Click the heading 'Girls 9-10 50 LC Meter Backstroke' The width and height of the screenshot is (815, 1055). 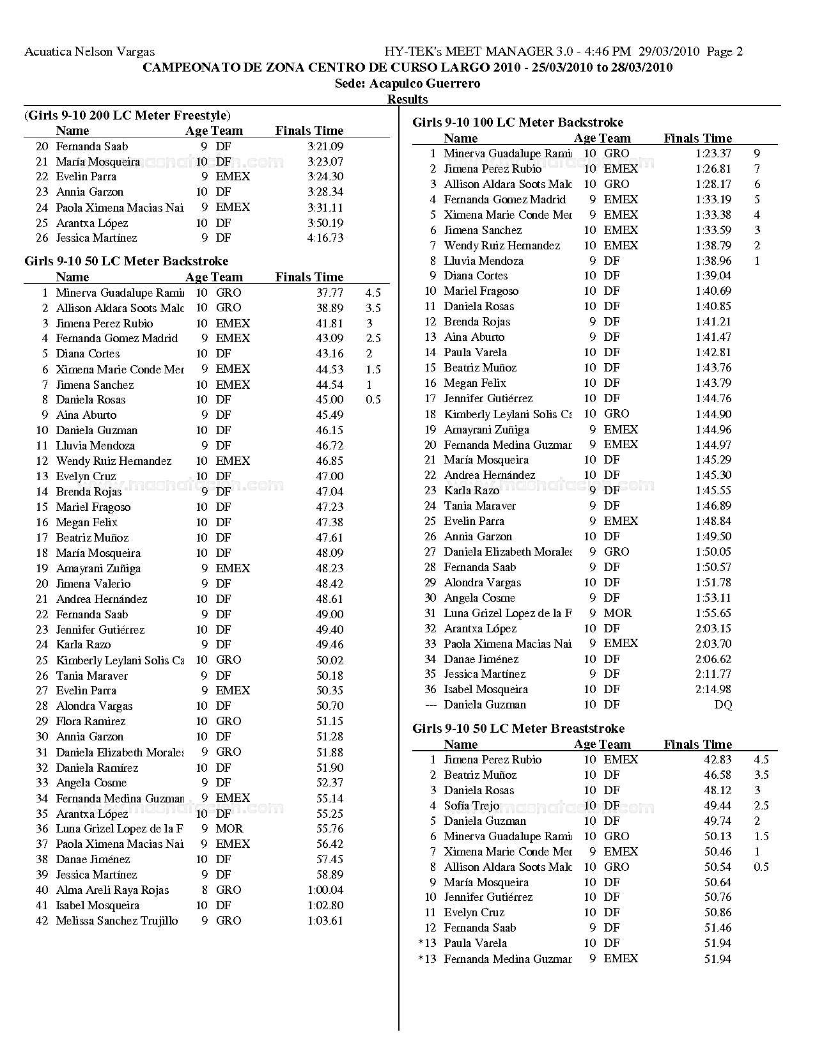pyautogui.click(x=126, y=261)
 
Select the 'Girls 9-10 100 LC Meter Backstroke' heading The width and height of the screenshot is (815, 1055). pyautogui.click(x=518, y=122)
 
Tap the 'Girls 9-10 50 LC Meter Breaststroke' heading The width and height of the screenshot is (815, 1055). pyautogui.click(x=518, y=728)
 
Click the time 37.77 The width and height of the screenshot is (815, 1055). pyautogui.click(x=330, y=293)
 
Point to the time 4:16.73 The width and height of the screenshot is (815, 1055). pyautogui.click(x=325, y=238)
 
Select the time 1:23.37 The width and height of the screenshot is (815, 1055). pyautogui.click(x=713, y=153)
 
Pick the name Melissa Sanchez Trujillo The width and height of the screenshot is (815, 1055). pyautogui.click(x=117, y=921)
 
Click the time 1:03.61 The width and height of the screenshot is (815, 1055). pyautogui.click(x=325, y=921)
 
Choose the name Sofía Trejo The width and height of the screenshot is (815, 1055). pyautogui.click(x=472, y=806)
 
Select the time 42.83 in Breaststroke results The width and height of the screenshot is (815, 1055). pyautogui.click(x=718, y=760)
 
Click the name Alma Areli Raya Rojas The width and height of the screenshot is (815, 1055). pyautogui.click(x=113, y=890)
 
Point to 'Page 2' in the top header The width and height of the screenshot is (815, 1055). pyautogui.click(x=725, y=52)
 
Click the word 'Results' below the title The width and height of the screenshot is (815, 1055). pyautogui.click(x=408, y=99)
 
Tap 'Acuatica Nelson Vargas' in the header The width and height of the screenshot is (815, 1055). pyautogui.click(x=89, y=52)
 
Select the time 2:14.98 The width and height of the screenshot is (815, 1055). pyautogui.click(x=713, y=689)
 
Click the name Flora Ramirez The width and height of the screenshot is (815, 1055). pyautogui.click(x=91, y=721)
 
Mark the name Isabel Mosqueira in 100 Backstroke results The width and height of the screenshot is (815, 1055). pyautogui.click(x=486, y=689)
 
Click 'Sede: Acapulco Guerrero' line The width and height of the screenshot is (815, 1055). pyautogui.click(x=408, y=83)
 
